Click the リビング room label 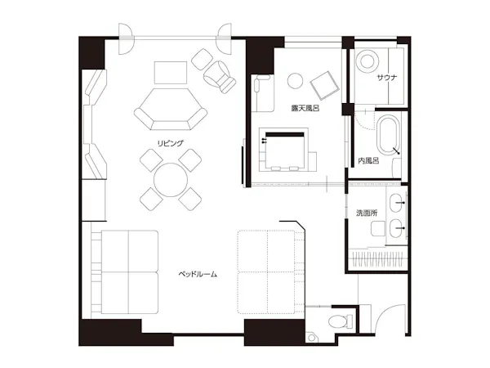(x=170, y=143)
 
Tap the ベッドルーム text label (x=198, y=275)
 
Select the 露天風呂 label (x=305, y=108)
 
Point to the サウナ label (x=387, y=78)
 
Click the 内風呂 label (x=369, y=161)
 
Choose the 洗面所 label (x=367, y=213)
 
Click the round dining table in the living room (x=171, y=180)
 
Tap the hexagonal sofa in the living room (x=171, y=110)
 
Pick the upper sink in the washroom (x=397, y=203)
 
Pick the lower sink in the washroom (x=397, y=228)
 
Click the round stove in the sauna (x=367, y=61)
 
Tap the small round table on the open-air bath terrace (x=296, y=81)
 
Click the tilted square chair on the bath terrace (x=325, y=85)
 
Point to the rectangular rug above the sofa (x=171, y=73)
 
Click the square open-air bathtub (x=284, y=150)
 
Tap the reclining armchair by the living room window (x=220, y=77)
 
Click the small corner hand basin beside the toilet (x=312, y=338)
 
